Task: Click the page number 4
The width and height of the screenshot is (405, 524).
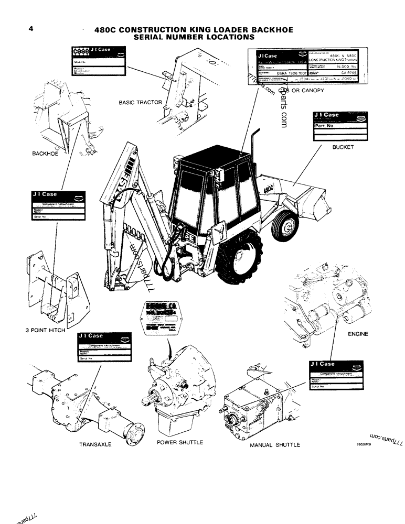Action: (x=31, y=29)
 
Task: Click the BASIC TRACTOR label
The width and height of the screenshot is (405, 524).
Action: (x=140, y=103)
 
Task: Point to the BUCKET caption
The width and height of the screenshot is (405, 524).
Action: (x=343, y=147)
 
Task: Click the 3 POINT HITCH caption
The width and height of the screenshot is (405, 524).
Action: (x=45, y=331)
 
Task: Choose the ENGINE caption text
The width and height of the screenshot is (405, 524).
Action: (x=358, y=334)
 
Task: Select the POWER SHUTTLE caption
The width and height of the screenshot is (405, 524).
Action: (x=180, y=442)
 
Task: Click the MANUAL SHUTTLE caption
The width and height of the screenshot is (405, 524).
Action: (x=274, y=445)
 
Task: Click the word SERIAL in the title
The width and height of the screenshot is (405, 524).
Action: (x=154, y=37)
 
